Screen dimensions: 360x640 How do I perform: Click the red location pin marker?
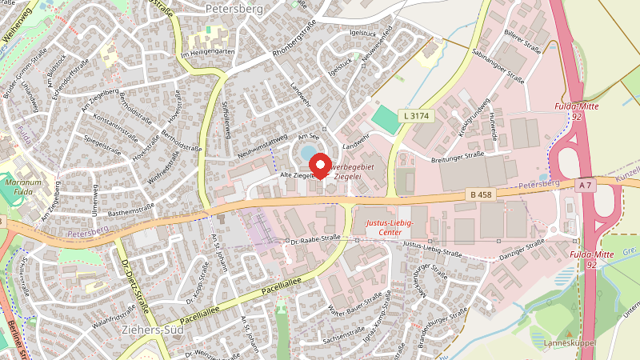(320, 165)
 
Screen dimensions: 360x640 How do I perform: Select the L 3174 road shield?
(417, 116)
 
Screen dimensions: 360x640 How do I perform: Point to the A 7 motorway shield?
(586, 185)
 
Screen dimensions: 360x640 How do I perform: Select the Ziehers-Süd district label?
(149, 329)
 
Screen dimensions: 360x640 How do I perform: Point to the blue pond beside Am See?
(306, 153)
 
